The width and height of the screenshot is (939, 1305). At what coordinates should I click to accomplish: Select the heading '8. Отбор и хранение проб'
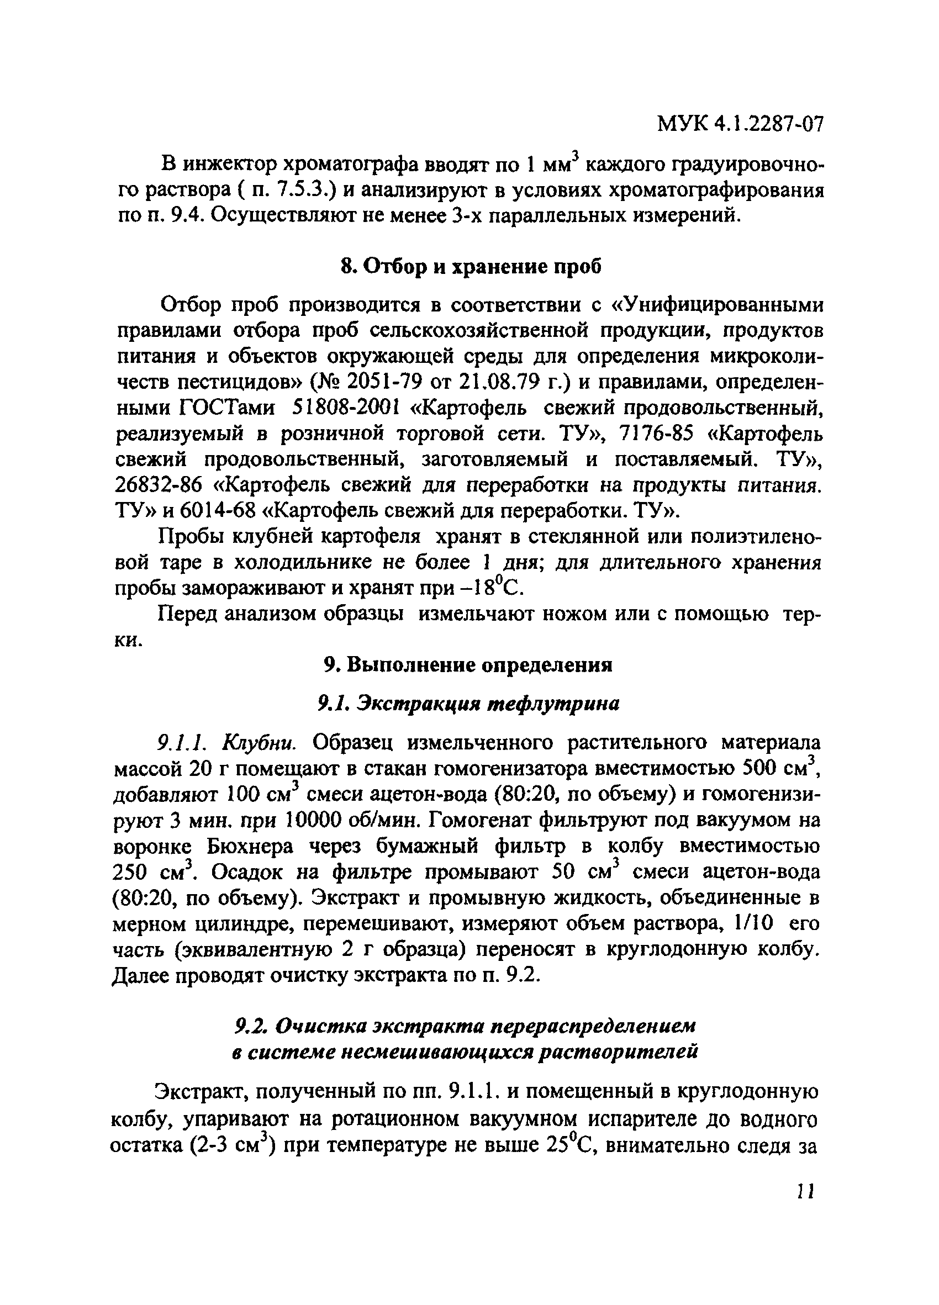[x=471, y=267]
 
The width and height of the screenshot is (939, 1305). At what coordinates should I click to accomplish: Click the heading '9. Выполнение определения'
[x=468, y=665]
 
